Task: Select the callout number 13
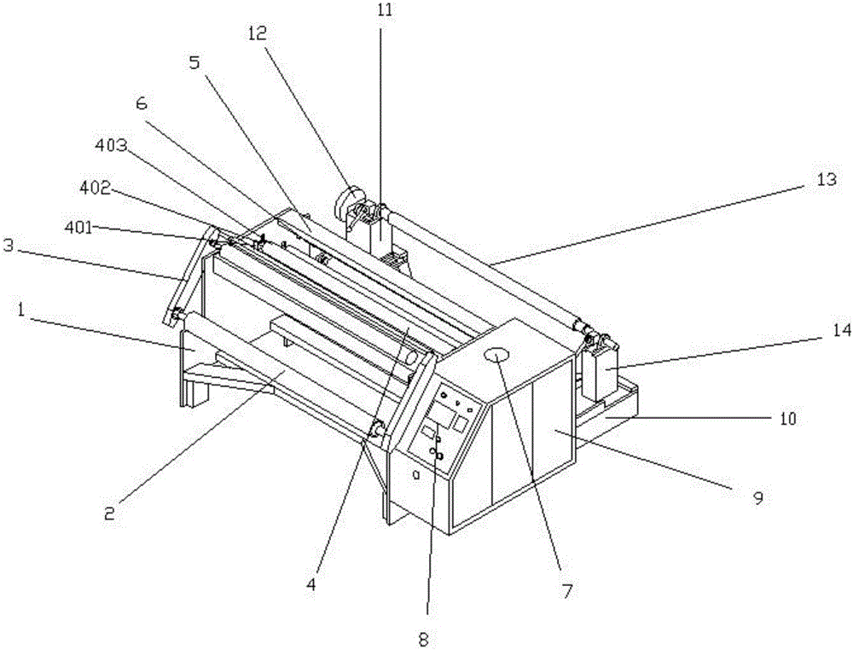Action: point(826,180)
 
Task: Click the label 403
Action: point(112,146)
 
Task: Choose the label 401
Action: point(82,228)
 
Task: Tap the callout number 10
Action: point(786,419)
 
